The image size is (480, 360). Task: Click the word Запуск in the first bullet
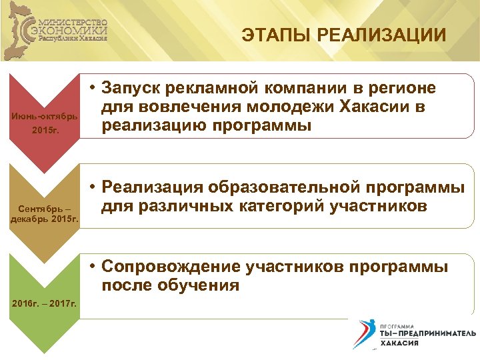click(136, 89)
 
